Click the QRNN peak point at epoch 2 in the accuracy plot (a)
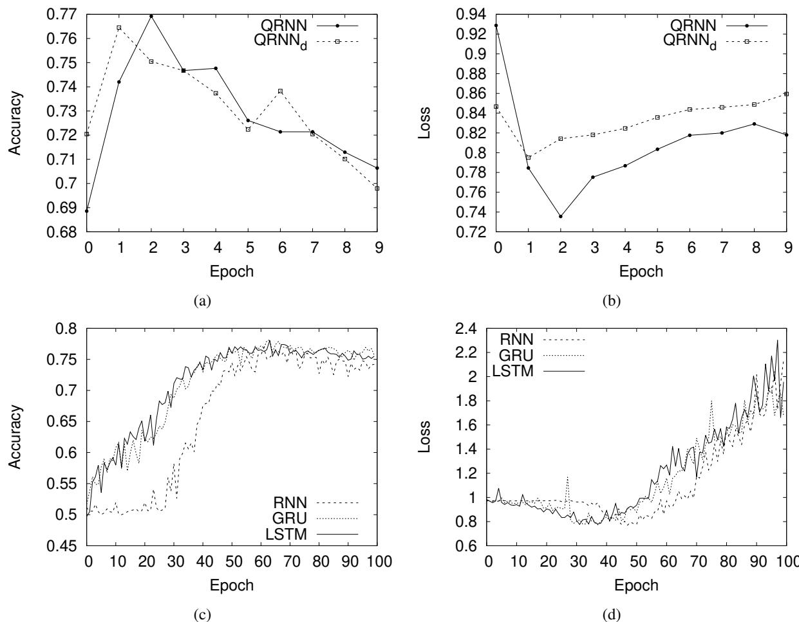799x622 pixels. (151, 16)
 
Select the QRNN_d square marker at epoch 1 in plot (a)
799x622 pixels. (119, 28)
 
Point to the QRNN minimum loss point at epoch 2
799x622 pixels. (561, 216)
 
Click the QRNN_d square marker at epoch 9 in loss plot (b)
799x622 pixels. (786, 94)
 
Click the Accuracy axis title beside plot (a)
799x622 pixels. (15, 122)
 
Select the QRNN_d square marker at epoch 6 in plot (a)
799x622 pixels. (280, 91)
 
